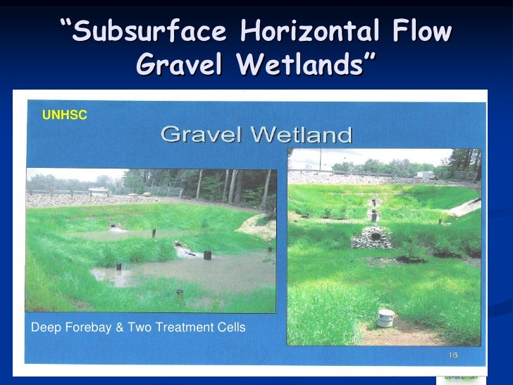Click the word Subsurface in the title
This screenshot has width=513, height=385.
coord(148,32)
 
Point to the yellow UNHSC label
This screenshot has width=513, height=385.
coord(65,114)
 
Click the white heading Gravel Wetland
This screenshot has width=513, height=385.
coord(256,134)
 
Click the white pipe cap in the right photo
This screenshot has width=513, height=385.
coord(385,318)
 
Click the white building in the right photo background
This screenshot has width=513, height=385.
coord(425,173)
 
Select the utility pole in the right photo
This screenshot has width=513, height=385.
coord(320,159)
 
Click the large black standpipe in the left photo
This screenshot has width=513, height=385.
coord(207,254)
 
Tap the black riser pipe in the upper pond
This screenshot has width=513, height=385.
coord(154,232)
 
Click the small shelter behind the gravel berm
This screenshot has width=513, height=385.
coord(99,190)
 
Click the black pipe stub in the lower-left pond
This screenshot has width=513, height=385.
coord(118,267)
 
